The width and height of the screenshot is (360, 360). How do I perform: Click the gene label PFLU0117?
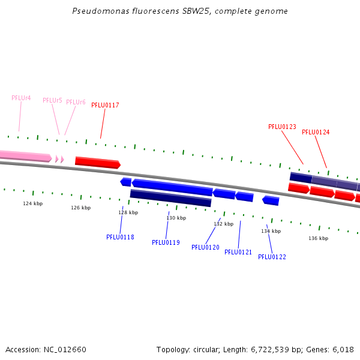105,105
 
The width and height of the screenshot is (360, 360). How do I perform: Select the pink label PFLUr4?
21,98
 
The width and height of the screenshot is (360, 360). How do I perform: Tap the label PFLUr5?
52,100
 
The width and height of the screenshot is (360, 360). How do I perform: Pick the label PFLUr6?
76,102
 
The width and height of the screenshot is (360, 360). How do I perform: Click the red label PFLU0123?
282,127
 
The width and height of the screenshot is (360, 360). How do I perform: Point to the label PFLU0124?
316,132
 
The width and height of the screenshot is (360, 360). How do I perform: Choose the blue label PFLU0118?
120,237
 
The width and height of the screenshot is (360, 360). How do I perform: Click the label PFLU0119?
166,242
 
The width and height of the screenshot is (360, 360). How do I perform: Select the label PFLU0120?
205,247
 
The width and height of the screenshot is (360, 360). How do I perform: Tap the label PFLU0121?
238,252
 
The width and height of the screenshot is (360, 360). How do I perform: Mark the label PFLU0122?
272,257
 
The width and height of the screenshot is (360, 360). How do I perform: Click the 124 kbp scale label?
33,203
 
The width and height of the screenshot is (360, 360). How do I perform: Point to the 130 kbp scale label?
176,218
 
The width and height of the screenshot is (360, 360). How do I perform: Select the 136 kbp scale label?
319,238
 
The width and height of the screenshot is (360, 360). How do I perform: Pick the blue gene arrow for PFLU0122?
271,200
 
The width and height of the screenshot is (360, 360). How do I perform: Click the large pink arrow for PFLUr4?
24,156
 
